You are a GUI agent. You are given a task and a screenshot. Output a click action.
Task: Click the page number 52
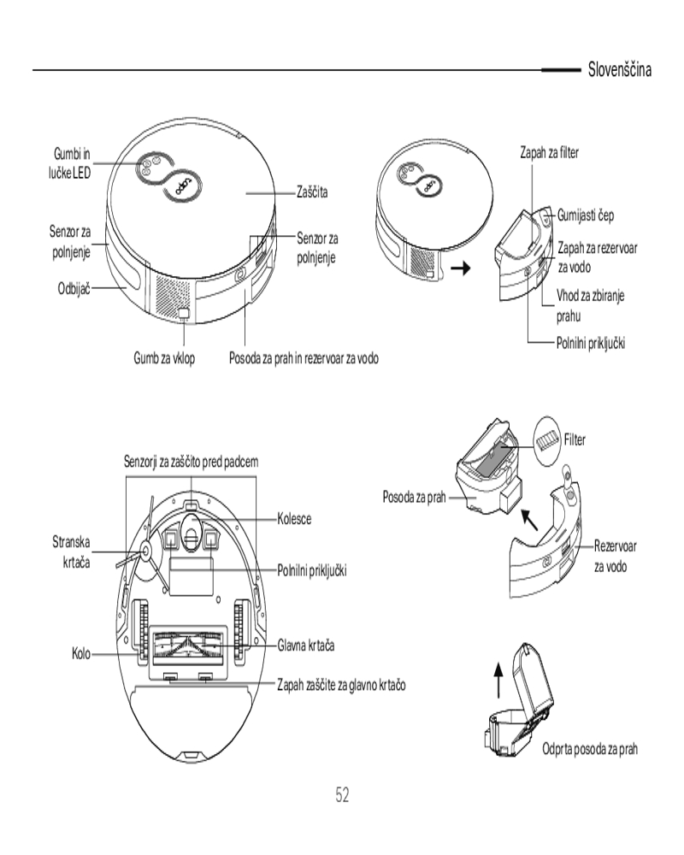tap(342, 795)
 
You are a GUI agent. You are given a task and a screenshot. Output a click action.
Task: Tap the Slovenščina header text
tap(619, 69)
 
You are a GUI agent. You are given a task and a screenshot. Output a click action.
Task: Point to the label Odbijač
tap(68, 288)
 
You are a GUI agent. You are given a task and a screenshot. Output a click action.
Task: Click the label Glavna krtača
tap(305, 645)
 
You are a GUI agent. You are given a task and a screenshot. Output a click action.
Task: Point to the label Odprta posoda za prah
tap(591, 749)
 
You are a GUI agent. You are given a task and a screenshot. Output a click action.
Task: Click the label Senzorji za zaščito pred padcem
tap(192, 462)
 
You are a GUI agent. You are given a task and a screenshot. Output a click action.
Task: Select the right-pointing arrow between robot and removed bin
tap(461, 268)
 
